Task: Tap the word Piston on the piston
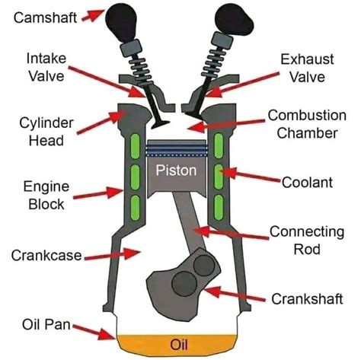(180, 169)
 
